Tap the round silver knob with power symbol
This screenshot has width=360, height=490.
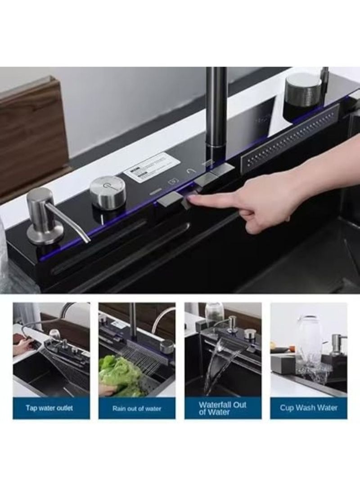tap(108, 192)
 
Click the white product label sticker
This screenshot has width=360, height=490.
tap(152, 167)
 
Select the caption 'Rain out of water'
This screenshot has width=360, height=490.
tap(137, 408)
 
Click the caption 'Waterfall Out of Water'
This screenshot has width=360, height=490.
tap(223, 408)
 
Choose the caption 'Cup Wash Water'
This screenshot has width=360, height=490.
tap(309, 408)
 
